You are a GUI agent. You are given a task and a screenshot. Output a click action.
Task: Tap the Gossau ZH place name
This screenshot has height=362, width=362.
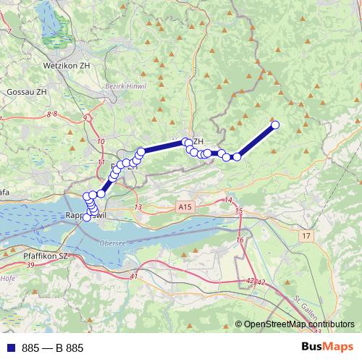point(25,93)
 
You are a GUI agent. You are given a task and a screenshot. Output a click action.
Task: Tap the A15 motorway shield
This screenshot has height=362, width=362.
point(186,207)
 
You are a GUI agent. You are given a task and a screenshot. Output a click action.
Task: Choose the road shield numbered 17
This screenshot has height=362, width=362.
point(307,236)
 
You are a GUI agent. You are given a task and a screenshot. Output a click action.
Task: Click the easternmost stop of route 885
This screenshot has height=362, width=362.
point(275,125)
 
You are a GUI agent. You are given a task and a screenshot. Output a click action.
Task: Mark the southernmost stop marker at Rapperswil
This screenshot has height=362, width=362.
point(87,216)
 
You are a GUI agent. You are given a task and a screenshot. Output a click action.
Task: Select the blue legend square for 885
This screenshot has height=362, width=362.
point(10,348)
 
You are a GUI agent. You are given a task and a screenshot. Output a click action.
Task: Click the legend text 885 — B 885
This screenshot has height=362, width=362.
point(53,348)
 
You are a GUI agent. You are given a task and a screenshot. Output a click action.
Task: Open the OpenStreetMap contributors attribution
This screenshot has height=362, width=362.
point(298,324)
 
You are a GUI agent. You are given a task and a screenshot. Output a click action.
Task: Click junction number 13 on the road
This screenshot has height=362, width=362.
point(138,208)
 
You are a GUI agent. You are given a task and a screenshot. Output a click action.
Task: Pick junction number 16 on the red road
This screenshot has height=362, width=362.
point(240,240)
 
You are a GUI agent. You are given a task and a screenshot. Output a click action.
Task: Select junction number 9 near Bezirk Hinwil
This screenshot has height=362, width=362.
point(85,117)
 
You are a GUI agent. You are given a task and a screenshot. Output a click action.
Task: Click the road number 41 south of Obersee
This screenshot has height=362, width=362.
point(134,277)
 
